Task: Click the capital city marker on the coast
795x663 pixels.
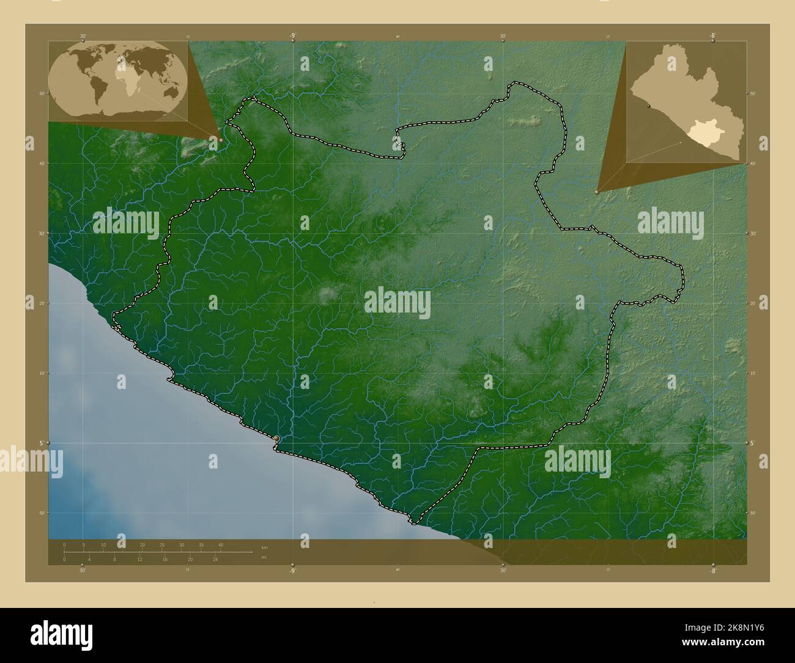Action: tap(277, 439)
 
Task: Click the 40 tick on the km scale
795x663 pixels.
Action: tap(221, 545)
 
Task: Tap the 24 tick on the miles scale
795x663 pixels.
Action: tap(215, 559)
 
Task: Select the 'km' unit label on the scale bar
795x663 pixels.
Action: tap(264, 547)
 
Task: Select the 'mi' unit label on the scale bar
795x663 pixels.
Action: tap(264, 557)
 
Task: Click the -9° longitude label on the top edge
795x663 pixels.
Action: tap(293, 36)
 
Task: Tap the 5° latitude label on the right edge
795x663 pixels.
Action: tap(753, 442)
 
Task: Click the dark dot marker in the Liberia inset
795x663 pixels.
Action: tap(648, 105)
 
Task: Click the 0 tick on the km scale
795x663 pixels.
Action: tap(64, 545)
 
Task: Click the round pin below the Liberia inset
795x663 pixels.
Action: tap(597, 192)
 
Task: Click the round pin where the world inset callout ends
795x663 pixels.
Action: tap(221, 140)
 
